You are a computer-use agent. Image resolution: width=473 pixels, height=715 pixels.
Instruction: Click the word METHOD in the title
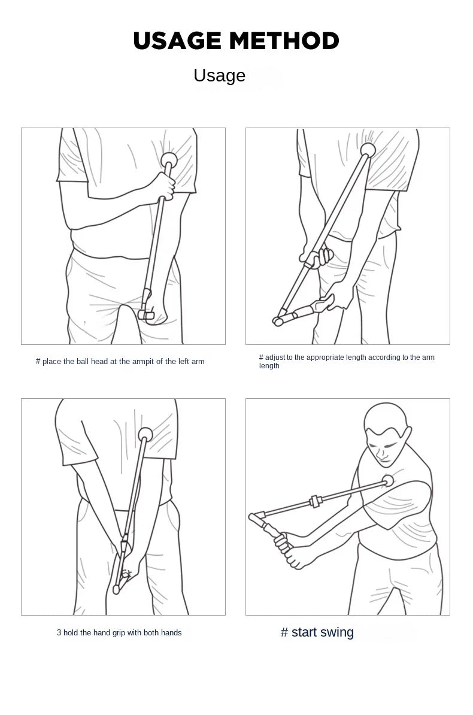[284, 41]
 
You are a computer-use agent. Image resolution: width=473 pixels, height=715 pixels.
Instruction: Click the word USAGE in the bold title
[177, 41]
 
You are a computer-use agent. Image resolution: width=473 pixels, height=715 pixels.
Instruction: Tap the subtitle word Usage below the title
[219, 75]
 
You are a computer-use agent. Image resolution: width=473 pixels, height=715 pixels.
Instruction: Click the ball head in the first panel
[170, 159]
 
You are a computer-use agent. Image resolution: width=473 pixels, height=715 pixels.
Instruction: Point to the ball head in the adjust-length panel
[368, 150]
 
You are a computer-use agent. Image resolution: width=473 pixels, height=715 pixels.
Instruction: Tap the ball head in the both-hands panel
[145, 434]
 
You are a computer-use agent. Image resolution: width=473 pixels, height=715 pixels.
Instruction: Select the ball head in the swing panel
[387, 480]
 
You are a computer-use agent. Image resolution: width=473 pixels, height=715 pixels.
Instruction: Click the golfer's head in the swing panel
[384, 432]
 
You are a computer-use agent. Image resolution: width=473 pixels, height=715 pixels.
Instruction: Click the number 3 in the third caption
[59, 632]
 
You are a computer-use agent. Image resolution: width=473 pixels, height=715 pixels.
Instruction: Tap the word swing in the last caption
[337, 632]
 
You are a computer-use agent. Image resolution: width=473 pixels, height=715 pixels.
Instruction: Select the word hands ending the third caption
[171, 632]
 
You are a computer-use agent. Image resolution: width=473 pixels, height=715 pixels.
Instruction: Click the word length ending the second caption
[269, 366]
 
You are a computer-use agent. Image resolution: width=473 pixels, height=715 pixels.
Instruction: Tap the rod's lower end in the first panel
[146, 313]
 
